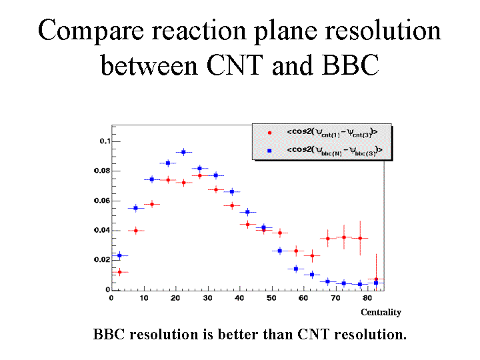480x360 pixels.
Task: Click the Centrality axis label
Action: [381, 312]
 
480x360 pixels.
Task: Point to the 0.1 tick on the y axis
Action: [105, 141]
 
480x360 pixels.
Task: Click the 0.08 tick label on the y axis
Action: [101, 171]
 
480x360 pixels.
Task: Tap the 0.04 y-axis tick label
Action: [101, 231]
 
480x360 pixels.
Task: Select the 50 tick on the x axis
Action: [271, 298]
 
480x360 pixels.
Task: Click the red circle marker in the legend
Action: [269, 132]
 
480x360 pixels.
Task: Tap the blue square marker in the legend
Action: [269, 151]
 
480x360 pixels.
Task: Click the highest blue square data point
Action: [184, 152]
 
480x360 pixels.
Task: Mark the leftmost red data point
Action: [120, 272]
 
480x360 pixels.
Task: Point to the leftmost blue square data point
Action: [120, 255]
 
